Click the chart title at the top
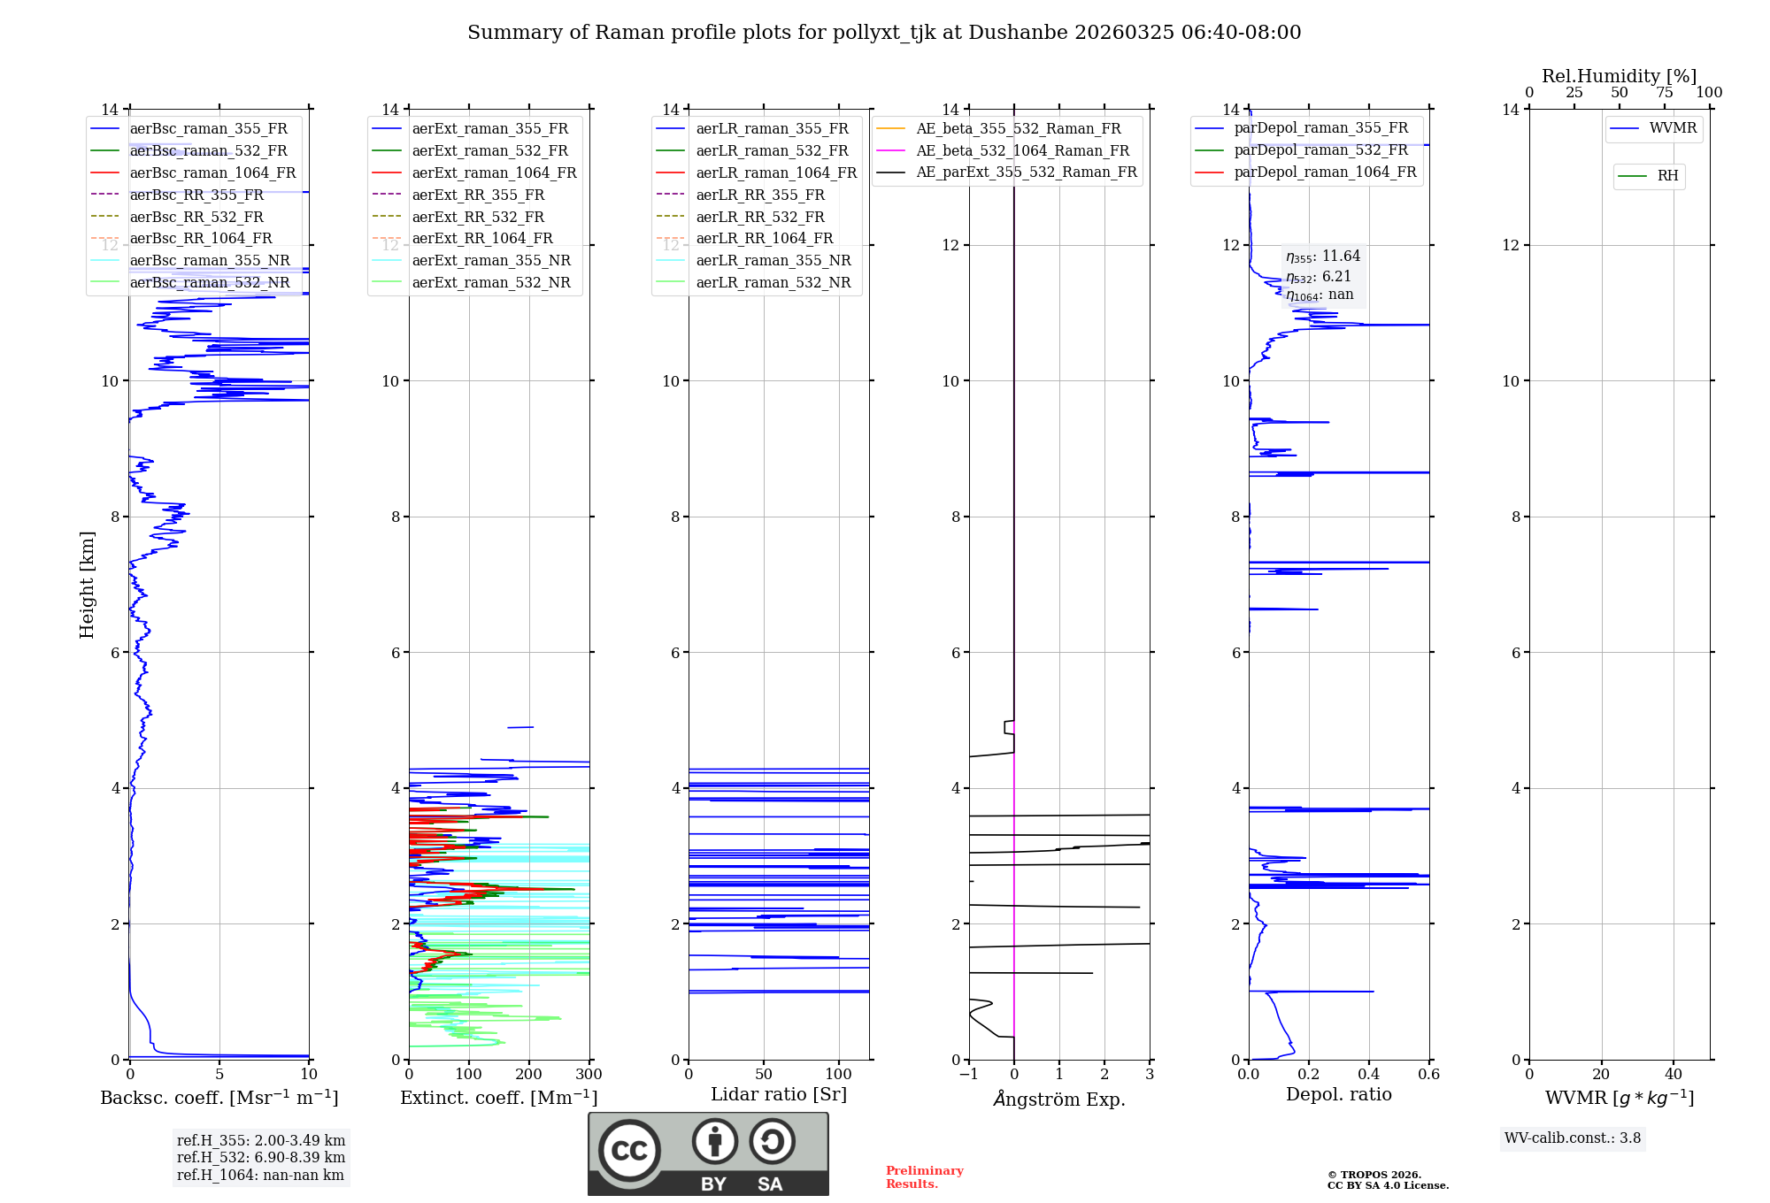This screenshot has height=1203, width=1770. pyautogui.click(x=884, y=33)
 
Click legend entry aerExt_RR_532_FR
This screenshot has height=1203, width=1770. pyautogui.click(x=478, y=217)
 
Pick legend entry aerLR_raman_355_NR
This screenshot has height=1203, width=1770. pyautogui.click(x=773, y=260)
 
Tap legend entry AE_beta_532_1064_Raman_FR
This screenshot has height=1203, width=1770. pyautogui.click(x=1022, y=150)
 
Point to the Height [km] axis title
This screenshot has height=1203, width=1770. pyautogui.click(x=87, y=584)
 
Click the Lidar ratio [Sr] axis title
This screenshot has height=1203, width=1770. pyautogui.click(x=779, y=1094)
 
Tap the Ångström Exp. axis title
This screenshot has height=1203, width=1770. pyautogui.click(x=1059, y=1099)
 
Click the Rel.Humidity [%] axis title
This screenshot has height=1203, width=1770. pyautogui.click(x=1619, y=76)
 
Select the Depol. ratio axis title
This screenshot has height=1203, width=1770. pyautogui.click(x=1338, y=1094)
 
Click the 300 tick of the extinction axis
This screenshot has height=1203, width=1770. pyautogui.click(x=589, y=1075)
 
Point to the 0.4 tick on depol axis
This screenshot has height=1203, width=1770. pyautogui.click(x=1369, y=1075)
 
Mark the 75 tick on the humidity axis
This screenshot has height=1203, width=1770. pyautogui.click(x=1664, y=93)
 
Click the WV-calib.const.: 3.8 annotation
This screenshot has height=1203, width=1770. pyautogui.click(x=1573, y=1138)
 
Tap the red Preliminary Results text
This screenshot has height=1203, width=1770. pyautogui.click(x=925, y=1177)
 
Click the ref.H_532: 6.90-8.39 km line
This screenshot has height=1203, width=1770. pyautogui.click(x=261, y=1157)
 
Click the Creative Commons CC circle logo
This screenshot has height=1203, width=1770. pyautogui.click(x=629, y=1151)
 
